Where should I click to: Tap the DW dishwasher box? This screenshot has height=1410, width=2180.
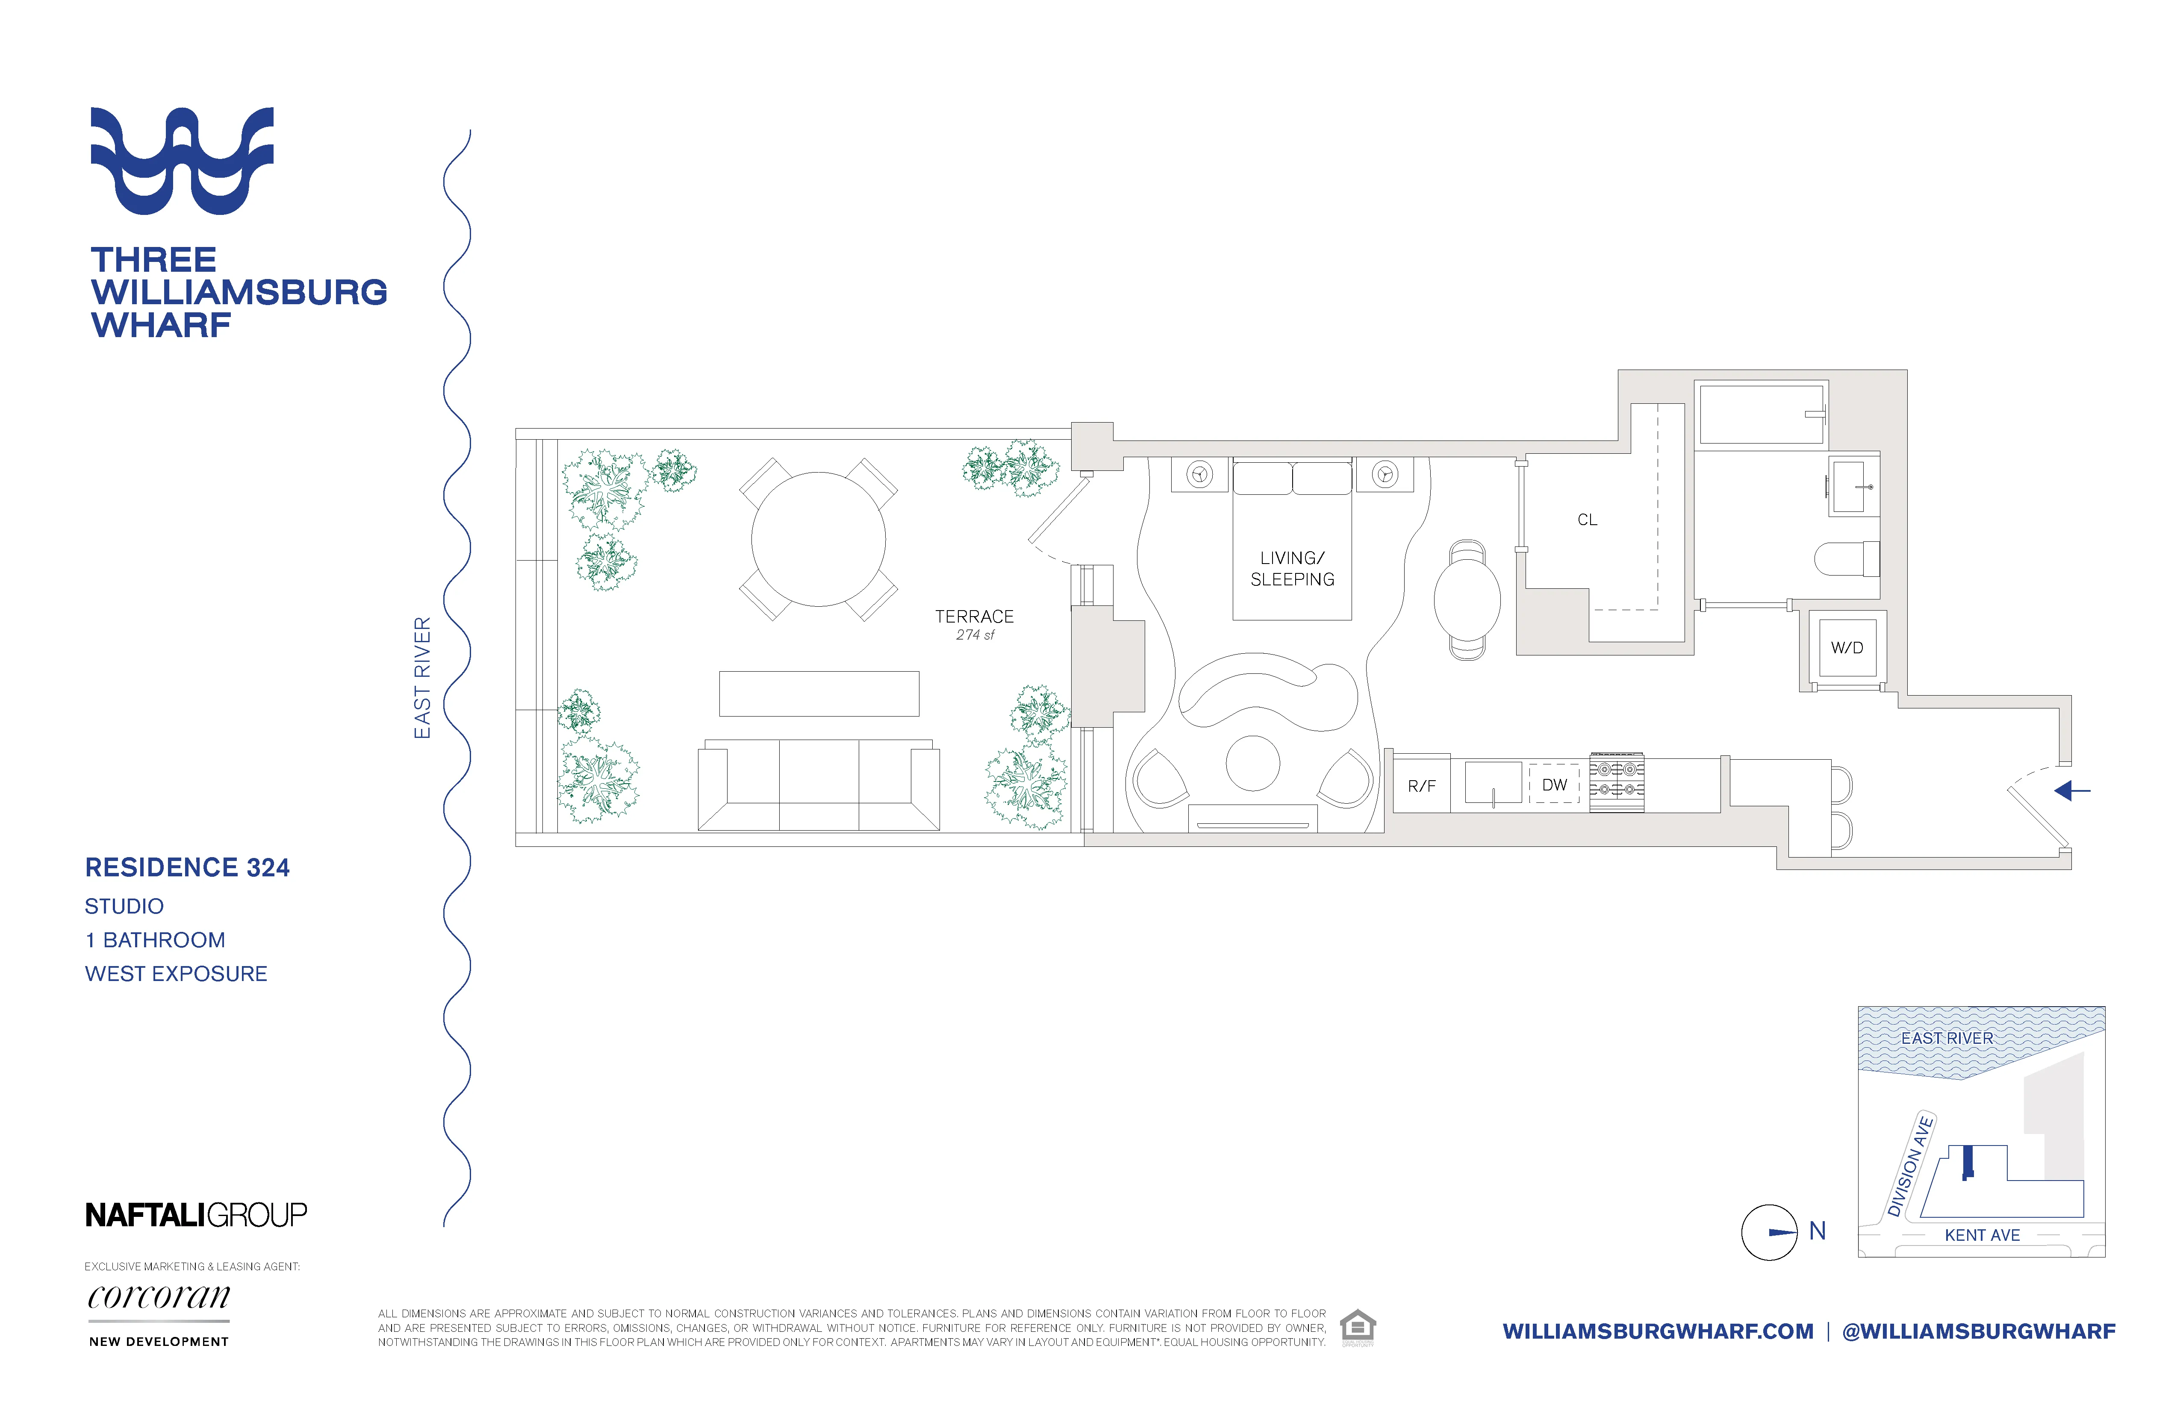[x=1554, y=784]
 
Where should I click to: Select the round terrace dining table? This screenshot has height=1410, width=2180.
[x=818, y=539]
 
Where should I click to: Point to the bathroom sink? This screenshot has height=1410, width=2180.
[x=1850, y=487]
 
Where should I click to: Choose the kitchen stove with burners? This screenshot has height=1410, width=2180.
[x=1617, y=783]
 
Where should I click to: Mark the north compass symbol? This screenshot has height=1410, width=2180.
[x=1770, y=1232]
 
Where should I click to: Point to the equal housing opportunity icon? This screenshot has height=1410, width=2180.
[x=1358, y=1327]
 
